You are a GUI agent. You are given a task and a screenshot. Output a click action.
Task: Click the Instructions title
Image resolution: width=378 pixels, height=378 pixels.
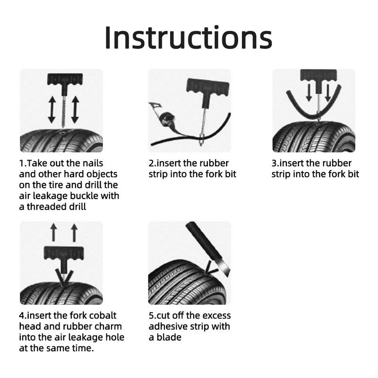pos(188,37)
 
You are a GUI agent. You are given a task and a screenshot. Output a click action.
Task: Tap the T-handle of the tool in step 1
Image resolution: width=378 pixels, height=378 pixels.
pos(65,79)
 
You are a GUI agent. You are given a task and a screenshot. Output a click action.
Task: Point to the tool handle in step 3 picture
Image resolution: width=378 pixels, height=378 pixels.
pos(319,76)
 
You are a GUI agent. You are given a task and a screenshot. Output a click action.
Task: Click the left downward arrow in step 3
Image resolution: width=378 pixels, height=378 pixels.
pos(308,93)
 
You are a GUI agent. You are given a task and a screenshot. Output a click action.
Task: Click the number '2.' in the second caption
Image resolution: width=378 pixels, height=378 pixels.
pos(153,163)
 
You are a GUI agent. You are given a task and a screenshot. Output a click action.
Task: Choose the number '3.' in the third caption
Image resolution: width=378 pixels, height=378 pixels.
pos(275,163)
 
